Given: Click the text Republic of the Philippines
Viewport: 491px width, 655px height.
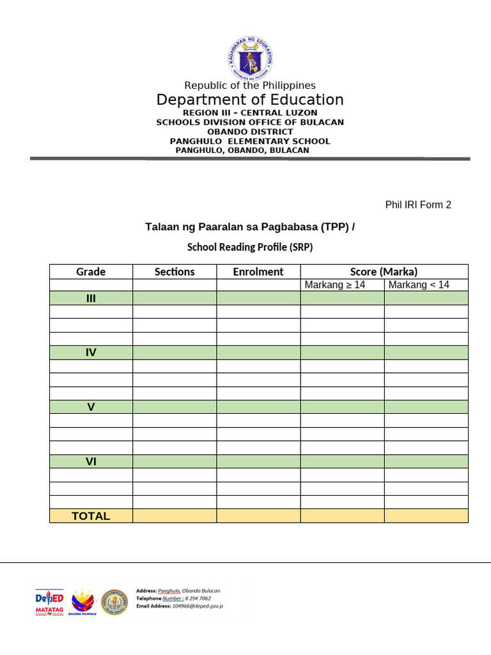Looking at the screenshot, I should [x=250, y=86].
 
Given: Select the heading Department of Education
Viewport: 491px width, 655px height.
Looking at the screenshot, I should [x=250, y=100].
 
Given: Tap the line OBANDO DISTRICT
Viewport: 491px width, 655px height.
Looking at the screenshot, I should [x=250, y=132].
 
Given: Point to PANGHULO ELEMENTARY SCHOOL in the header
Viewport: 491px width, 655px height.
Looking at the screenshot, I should [x=250, y=141].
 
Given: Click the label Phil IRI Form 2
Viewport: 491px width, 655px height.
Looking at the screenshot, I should [x=417, y=205].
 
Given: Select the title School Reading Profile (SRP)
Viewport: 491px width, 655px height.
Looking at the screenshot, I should [x=250, y=247].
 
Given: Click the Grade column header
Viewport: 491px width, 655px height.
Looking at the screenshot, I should [x=91, y=272].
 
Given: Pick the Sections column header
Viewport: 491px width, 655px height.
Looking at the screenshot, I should [x=175, y=272].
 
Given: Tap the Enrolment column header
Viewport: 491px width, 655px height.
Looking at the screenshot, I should [x=258, y=272].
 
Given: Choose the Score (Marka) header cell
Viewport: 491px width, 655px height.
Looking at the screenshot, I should [x=384, y=272].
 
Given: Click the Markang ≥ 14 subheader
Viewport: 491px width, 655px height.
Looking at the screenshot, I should [x=335, y=285].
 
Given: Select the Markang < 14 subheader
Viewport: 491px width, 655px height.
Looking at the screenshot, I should [x=419, y=285].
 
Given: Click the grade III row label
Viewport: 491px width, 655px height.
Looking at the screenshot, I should [x=91, y=298].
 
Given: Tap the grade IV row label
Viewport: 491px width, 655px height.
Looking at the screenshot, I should [x=91, y=352].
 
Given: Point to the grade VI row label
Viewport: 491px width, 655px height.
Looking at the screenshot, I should [x=91, y=461].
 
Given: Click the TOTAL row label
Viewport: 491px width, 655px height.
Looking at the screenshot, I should [x=91, y=516].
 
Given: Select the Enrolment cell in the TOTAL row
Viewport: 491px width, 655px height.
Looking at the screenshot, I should [x=258, y=516].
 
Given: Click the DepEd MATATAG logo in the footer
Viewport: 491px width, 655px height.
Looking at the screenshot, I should [x=49, y=602].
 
